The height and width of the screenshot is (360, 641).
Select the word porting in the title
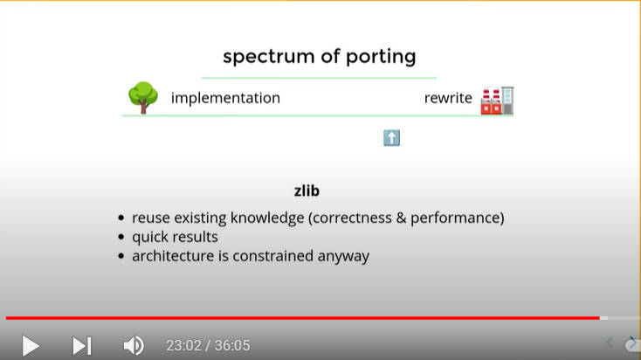pos(381,57)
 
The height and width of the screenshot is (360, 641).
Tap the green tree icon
pos(143,97)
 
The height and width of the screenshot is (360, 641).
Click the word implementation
pos(225,98)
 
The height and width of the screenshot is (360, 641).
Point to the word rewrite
pos(448,98)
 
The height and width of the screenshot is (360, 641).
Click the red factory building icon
pos(497,100)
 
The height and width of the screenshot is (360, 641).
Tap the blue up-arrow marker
pos(391,138)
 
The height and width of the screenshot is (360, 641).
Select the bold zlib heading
pos(307,190)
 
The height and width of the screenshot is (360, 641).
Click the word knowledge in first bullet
pos(267,218)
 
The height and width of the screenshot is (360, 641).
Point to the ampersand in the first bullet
pos(401,218)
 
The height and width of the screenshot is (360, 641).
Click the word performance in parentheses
pos(455,218)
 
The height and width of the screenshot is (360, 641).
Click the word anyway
pos(343,257)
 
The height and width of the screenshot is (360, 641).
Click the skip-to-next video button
pos(82,346)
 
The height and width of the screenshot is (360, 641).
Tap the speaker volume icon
pos(134,346)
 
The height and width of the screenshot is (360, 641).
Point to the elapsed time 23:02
pos(183,346)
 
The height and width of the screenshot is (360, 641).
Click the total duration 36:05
pos(232,346)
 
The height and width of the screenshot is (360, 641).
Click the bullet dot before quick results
pos(121,237)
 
